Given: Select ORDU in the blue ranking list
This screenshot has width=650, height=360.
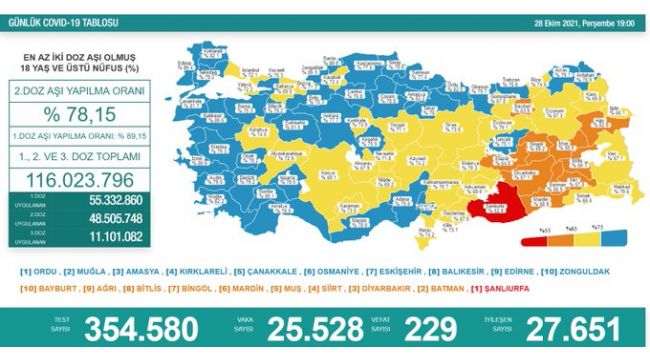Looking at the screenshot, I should pos(39,271).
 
